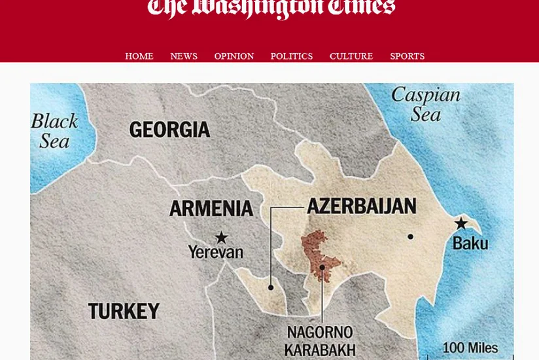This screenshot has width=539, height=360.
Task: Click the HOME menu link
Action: click(139, 56)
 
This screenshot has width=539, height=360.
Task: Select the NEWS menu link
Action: click(184, 56)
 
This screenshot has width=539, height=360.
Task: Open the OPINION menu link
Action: click(234, 56)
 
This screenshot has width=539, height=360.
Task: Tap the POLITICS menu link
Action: click(292, 56)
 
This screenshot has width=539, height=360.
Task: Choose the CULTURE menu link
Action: click(351, 56)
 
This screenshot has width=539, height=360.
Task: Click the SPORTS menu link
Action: click(407, 56)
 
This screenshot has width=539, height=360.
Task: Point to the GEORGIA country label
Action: click(169, 130)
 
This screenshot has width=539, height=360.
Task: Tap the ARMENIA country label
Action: click(211, 209)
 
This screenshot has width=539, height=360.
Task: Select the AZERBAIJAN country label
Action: click(362, 206)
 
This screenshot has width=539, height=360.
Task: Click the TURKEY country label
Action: click(124, 311)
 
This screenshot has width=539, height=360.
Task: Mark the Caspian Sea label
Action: click(426, 105)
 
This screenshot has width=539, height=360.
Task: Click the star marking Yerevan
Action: click(222, 238)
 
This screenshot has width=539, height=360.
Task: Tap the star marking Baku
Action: click(461, 224)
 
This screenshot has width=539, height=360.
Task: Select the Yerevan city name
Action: click(215, 252)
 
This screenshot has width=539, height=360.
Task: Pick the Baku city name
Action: click(470, 244)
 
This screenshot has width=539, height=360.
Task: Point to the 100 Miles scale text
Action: click(470, 348)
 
